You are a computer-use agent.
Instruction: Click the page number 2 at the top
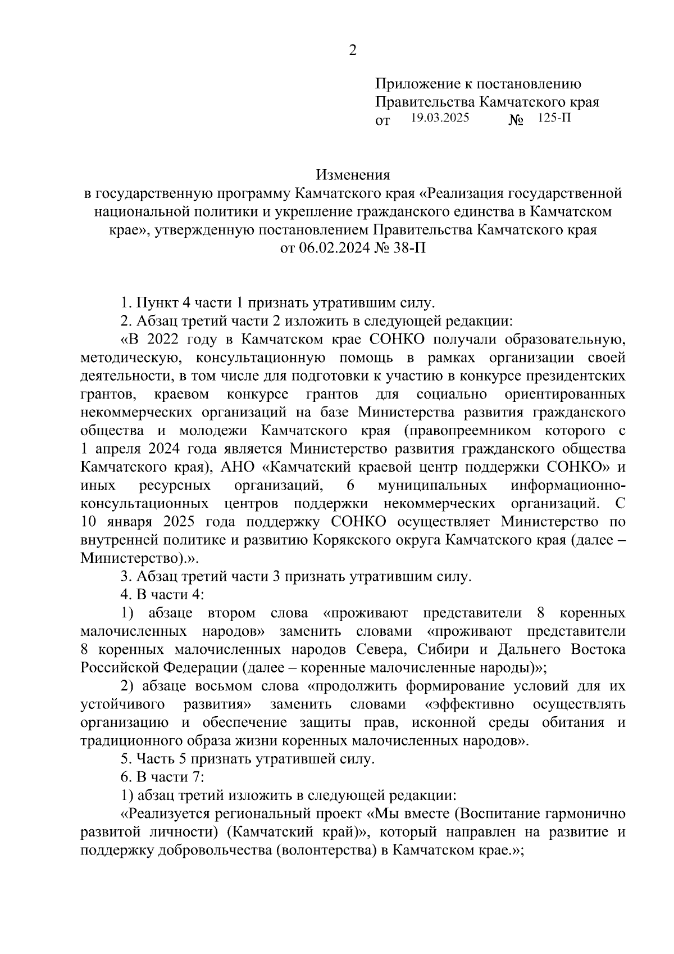352,51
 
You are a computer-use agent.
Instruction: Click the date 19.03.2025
440,118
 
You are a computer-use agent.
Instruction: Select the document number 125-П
553,118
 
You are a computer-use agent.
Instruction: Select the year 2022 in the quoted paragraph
166,340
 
